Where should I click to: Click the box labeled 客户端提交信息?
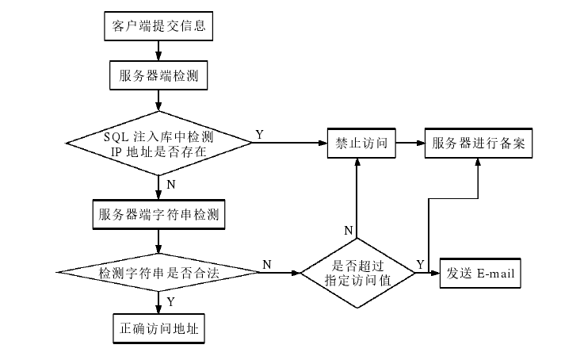coord(159,26)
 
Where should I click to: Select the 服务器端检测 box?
coord(159,76)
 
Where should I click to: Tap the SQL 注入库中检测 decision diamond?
coord(159,144)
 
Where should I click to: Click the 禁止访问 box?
coord(361,144)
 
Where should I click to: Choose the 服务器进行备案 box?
coord(478,144)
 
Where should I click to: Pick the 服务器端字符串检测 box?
coord(159,214)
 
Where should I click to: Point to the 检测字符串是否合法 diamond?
coord(159,273)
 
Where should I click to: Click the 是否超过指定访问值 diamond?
coord(357,273)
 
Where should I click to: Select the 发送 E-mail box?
coord(481,273)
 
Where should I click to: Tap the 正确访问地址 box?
coord(159,327)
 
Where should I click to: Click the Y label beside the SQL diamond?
coord(259,135)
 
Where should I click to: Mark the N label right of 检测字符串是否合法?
coord(266,264)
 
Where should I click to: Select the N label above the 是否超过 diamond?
coord(348,230)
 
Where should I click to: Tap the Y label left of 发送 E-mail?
coord(420,263)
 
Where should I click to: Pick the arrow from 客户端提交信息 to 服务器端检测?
coord(159,51)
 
